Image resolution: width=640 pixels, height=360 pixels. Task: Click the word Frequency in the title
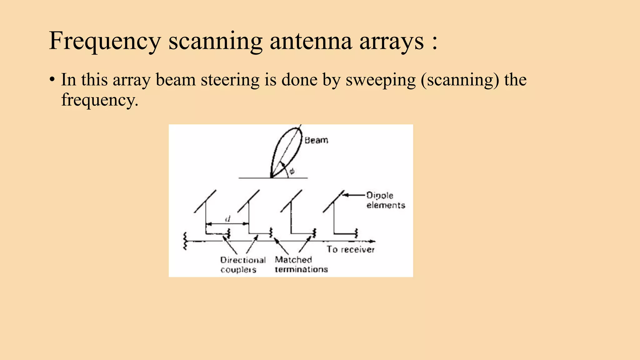click(105, 41)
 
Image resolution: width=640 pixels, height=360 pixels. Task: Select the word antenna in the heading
click(311, 41)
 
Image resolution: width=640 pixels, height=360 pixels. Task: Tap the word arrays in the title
click(392, 41)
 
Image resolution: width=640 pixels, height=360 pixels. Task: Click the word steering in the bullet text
click(230, 80)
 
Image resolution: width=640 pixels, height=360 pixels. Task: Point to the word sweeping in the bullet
click(381, 80)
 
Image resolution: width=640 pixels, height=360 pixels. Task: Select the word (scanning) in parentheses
click(460, 80)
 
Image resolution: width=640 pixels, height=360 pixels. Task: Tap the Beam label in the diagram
click(316, 140)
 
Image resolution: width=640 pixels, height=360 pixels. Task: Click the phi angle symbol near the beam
click(292, 171)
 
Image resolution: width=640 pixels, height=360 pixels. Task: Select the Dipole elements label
click(385, 200)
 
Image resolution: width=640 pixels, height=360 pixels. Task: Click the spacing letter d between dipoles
click(228, 219)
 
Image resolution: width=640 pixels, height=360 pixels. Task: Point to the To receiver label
click(350, 249)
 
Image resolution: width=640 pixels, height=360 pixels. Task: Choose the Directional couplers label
click(242, 265)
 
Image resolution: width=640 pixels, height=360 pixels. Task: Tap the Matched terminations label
click(301, 264)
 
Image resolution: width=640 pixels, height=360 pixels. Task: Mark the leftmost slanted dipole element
click(205, 201)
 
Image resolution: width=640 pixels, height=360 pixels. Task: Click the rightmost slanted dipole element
click(333, 201)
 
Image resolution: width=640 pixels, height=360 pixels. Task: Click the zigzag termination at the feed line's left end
click(185, 241)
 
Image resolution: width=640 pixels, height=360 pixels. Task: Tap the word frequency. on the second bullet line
click(100, 100)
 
